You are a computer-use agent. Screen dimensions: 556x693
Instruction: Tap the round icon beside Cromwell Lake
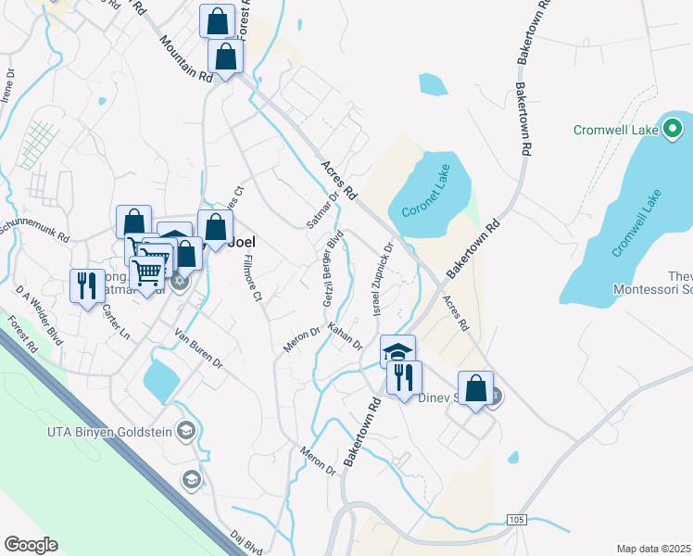pyautogui.click(x=673, y=129)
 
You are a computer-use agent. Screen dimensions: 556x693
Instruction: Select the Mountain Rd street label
pyautogui.click(x=186, y=58)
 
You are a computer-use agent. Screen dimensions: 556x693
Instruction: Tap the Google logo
pyautogui.click(x=31, y=545)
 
